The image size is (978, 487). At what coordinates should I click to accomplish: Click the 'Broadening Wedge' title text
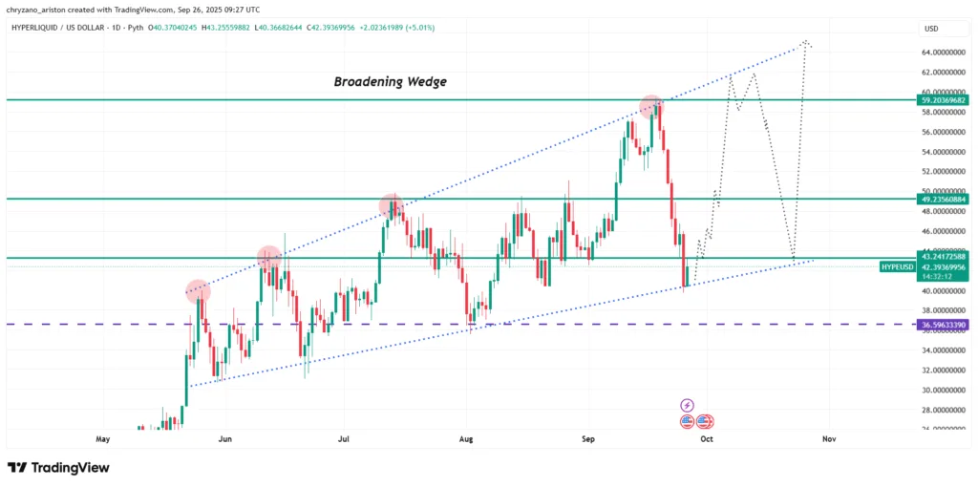390,82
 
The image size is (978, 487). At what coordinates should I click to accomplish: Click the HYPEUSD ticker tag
897,266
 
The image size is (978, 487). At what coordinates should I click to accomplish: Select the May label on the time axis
104,439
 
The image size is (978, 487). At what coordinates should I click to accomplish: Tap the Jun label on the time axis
225,439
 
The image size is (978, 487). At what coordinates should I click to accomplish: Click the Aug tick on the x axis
466,439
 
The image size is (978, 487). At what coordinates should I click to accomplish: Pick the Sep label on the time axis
588,439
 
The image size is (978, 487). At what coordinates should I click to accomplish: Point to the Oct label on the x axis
707,439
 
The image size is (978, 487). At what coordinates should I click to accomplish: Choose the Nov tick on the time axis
829,439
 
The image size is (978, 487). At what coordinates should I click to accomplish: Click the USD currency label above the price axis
930,28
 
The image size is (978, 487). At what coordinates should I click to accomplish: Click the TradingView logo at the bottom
58,468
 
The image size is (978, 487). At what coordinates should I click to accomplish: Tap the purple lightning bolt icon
687,406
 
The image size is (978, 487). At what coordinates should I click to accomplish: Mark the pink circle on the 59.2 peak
651,105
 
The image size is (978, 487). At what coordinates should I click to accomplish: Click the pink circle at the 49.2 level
391,204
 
